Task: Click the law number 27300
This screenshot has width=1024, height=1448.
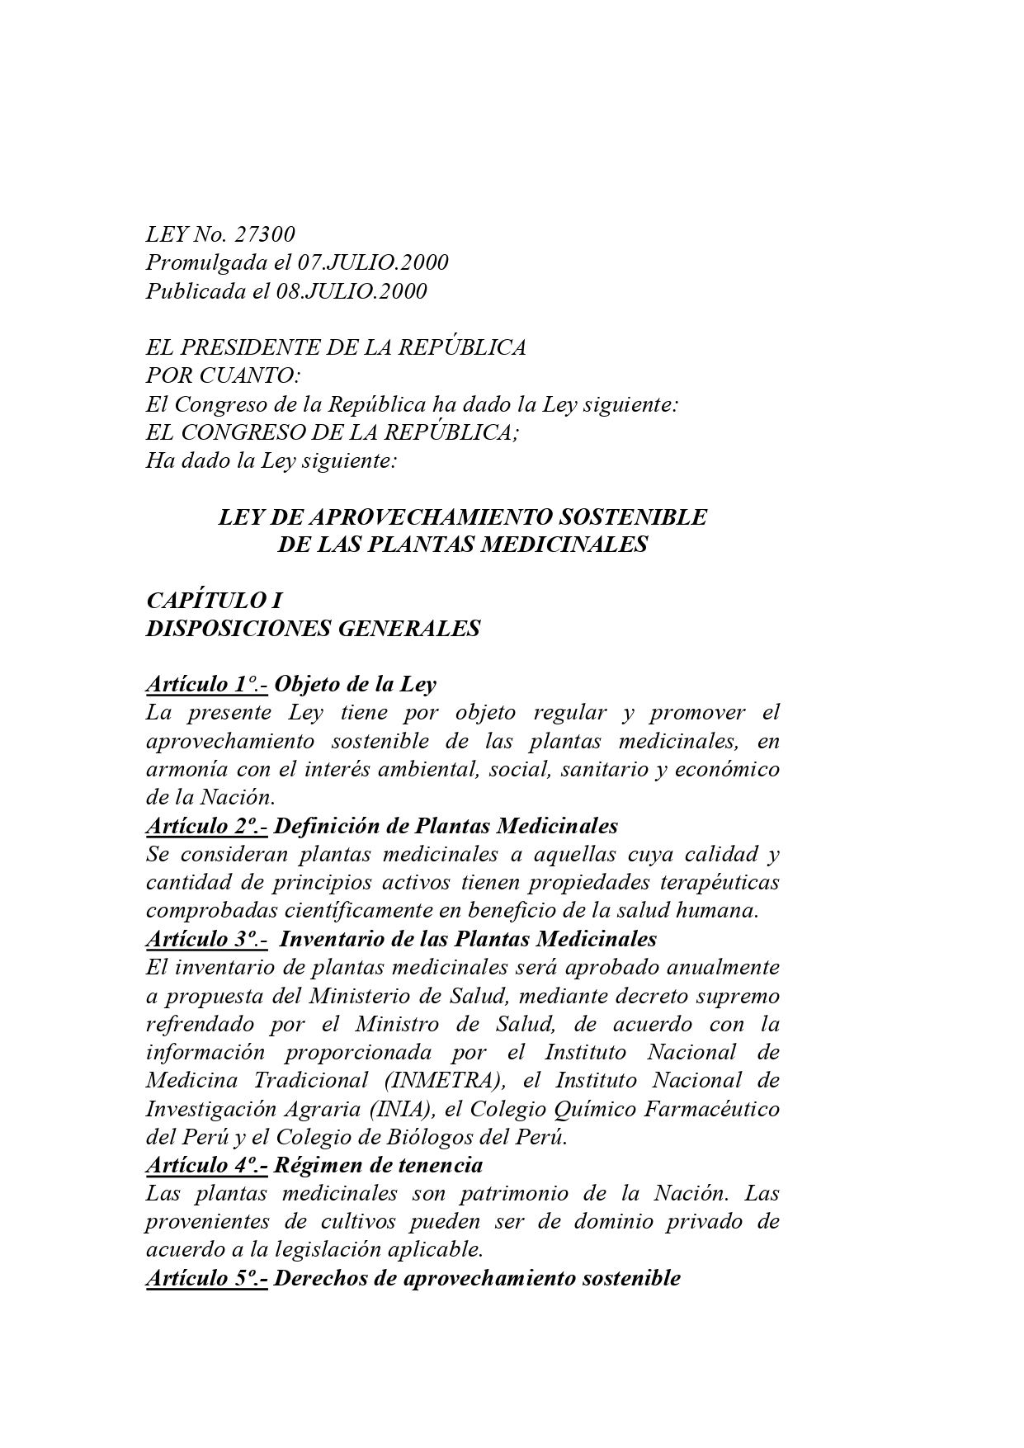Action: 265,235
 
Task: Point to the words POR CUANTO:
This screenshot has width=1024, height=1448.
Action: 224,376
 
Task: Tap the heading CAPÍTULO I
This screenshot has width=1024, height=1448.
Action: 215,601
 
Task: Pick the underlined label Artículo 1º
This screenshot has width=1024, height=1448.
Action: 206,685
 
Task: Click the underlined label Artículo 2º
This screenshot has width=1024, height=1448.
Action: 206,826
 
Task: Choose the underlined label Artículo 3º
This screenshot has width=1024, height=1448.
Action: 206,939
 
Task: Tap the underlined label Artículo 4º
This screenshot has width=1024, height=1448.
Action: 206,1165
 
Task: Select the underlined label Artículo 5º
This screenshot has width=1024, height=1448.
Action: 206,1278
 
